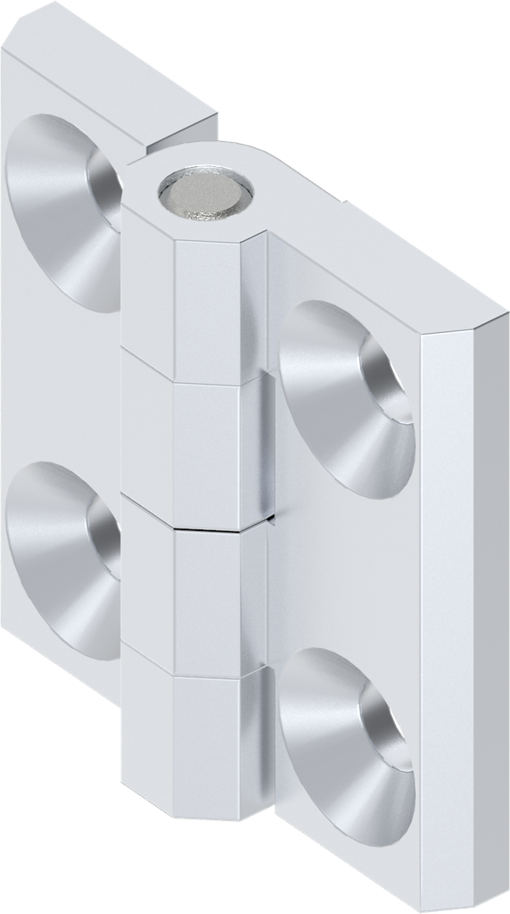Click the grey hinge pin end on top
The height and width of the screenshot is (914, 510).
[x=204, y=192]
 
